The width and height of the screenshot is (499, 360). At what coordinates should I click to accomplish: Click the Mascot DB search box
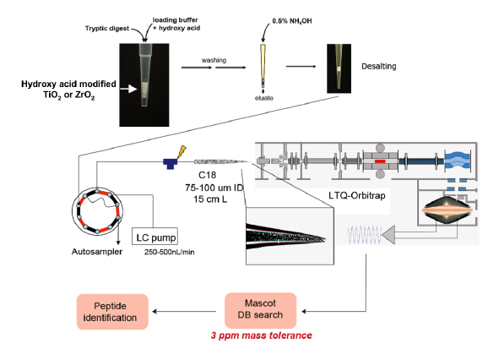tap(260, 310)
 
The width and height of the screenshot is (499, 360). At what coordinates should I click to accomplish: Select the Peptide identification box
tap(112, 312)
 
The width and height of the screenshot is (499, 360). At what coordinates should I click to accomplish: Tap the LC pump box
tap(155, 237)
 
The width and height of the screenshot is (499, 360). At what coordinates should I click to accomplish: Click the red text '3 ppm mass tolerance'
tap(261, 335)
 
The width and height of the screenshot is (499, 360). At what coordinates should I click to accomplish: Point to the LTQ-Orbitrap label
tap(357, 195)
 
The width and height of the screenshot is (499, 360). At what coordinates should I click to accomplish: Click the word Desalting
tap(379, 66)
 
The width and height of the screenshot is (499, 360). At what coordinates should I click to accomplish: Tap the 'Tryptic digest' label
tap(107, 29)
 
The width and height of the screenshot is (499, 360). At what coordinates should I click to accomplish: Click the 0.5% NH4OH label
tap(292, 21)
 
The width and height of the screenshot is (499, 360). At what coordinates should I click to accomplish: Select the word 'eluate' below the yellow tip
tap(263, 98)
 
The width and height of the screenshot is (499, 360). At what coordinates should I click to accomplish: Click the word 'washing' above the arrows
tap(214, 60)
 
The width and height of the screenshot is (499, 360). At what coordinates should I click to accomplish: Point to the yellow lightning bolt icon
tap(182, 151)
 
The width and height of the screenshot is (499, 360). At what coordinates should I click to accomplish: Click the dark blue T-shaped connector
tap(171, 163)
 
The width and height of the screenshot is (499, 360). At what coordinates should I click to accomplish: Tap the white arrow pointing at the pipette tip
tap(128, 89)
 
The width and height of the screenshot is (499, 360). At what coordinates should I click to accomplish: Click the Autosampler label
tap(97, 252)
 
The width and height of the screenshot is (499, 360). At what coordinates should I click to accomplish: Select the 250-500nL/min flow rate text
tap(170, 252)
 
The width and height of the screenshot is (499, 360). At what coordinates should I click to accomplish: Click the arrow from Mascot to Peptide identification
tap(185, 311)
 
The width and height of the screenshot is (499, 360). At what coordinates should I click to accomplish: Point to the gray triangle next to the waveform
tap(388, 236)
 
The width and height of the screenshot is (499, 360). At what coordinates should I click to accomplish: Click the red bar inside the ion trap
tap(380, 161)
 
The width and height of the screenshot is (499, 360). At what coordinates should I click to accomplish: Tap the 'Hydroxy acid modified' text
tap(68, 85)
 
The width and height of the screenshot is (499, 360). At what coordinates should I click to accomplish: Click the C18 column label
tap(207, 175)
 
